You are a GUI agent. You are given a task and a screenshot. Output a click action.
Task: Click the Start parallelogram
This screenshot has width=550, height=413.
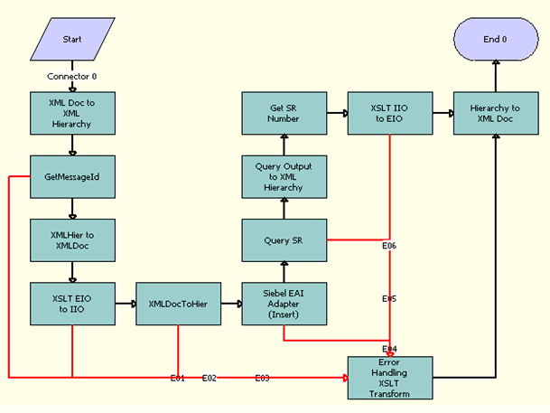click(x=73, y=41)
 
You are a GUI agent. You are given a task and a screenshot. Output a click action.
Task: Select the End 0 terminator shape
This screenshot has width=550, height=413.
click(x=495, y=41)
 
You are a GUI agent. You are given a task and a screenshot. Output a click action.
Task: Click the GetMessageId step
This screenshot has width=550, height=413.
click(x=73, y=177)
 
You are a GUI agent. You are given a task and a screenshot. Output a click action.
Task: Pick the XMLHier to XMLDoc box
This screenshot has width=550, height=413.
click(x=73, y=239)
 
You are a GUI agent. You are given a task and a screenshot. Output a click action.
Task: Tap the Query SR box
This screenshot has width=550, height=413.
click(x=284, y=239)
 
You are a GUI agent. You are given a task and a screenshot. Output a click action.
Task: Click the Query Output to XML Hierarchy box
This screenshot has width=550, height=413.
click(x=284, y=176)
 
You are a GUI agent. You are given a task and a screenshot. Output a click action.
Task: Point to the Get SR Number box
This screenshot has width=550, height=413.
click(x=284, y=113)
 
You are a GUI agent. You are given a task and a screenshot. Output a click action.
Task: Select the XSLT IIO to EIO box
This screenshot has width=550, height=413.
click(x=390, y=113)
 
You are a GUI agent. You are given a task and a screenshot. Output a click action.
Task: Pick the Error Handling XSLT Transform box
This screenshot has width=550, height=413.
click(x=390, y=377)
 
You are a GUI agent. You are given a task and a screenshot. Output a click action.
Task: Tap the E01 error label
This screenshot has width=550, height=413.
click(x=178, y=378)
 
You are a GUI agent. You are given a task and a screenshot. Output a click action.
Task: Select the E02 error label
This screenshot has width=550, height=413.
click(x=209, y=378)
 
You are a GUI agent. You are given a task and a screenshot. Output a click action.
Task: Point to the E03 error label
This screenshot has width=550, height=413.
click(x=262, y=378)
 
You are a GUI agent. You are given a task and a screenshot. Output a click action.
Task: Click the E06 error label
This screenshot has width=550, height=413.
click(x=389, y=246)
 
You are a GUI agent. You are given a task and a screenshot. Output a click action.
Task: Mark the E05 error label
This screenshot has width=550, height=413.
click(x=389, y=298)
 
